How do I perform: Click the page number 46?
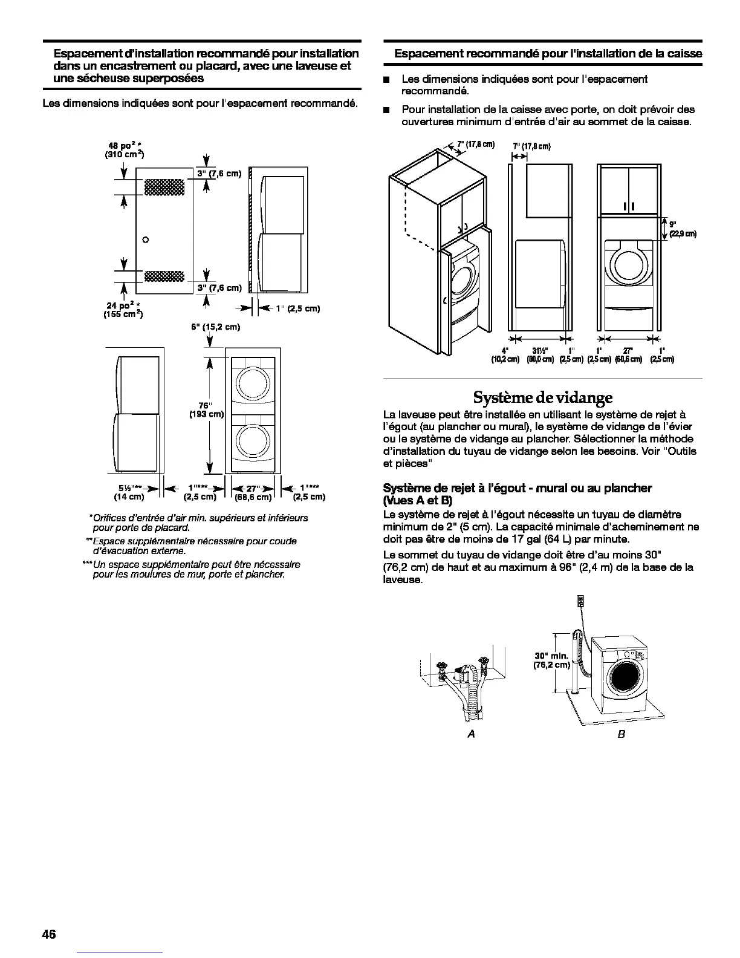coord(49,934)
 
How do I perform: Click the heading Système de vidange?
coord(542,397)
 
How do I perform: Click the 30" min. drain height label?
coord(551,660)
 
